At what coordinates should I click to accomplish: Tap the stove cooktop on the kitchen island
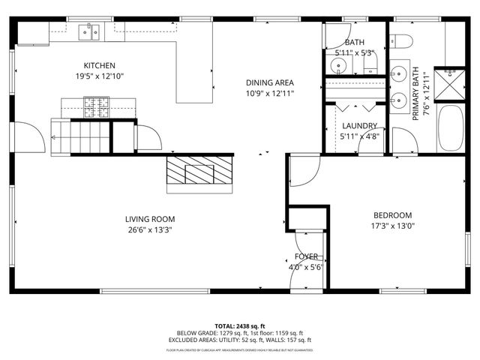tap(95, 107)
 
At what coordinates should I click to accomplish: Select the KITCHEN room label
tap(99, 65)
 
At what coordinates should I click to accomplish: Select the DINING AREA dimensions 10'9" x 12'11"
tap(269, 94)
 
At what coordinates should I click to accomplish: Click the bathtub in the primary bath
tap(451, 129)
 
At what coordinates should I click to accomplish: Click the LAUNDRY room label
tap(359, 126)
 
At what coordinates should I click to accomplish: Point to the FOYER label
tap(306, 256)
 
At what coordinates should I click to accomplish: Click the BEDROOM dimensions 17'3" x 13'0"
tap(394, 225)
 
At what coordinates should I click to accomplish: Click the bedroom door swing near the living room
tap(300, 171)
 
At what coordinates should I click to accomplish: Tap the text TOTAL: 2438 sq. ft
tap(239, 326)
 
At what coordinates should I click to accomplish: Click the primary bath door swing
tap(403, 140)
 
